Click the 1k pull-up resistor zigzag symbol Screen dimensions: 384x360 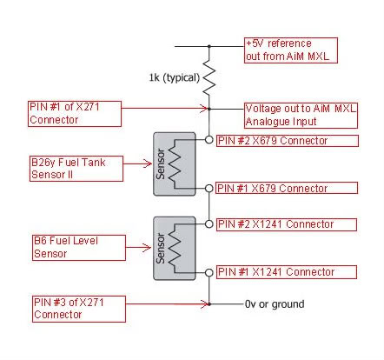pos(209,77)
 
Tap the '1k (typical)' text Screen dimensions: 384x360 pos(175,77)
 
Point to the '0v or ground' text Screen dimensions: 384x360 pos(275,304)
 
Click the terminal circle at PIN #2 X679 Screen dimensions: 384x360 pos(209,140)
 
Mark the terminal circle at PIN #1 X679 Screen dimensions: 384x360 pos(209,189)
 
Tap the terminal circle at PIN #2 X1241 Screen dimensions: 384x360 pos(209,224)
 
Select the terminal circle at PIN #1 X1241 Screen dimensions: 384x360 pos(209,272)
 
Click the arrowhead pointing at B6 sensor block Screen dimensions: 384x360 pos(147,248)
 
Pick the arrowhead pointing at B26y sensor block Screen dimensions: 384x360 pos(147,163)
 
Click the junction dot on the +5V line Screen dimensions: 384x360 pos(209,46)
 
